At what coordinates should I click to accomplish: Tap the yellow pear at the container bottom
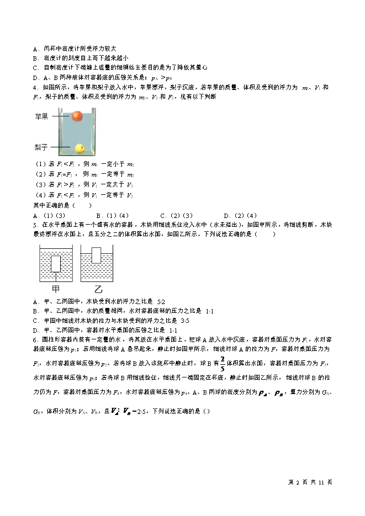coord(80,148)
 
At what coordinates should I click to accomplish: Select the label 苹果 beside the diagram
coord(41,116)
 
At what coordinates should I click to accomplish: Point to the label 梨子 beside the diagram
coord(41,147)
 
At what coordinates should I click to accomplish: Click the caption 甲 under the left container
coord(55,289)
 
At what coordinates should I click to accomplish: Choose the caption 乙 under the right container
coord(99,289)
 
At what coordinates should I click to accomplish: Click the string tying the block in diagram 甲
coord(56,276)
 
